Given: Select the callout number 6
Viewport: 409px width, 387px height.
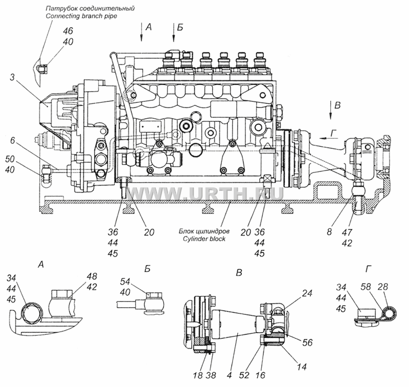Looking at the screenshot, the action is point(13,140).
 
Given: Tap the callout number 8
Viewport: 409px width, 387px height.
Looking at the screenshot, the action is point(329,231).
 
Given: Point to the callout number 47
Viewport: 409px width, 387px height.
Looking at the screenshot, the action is point(347,232).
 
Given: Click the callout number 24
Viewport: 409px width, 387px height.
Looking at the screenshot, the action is point(307,293).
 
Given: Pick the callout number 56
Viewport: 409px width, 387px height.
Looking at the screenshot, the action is point(308,342).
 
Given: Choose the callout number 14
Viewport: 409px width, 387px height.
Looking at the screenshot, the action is point(301,367).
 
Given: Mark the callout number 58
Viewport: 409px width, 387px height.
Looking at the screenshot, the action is point(366,287).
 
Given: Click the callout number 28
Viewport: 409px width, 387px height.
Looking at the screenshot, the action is point(382,287).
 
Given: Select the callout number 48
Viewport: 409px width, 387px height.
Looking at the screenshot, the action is point(92,276).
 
